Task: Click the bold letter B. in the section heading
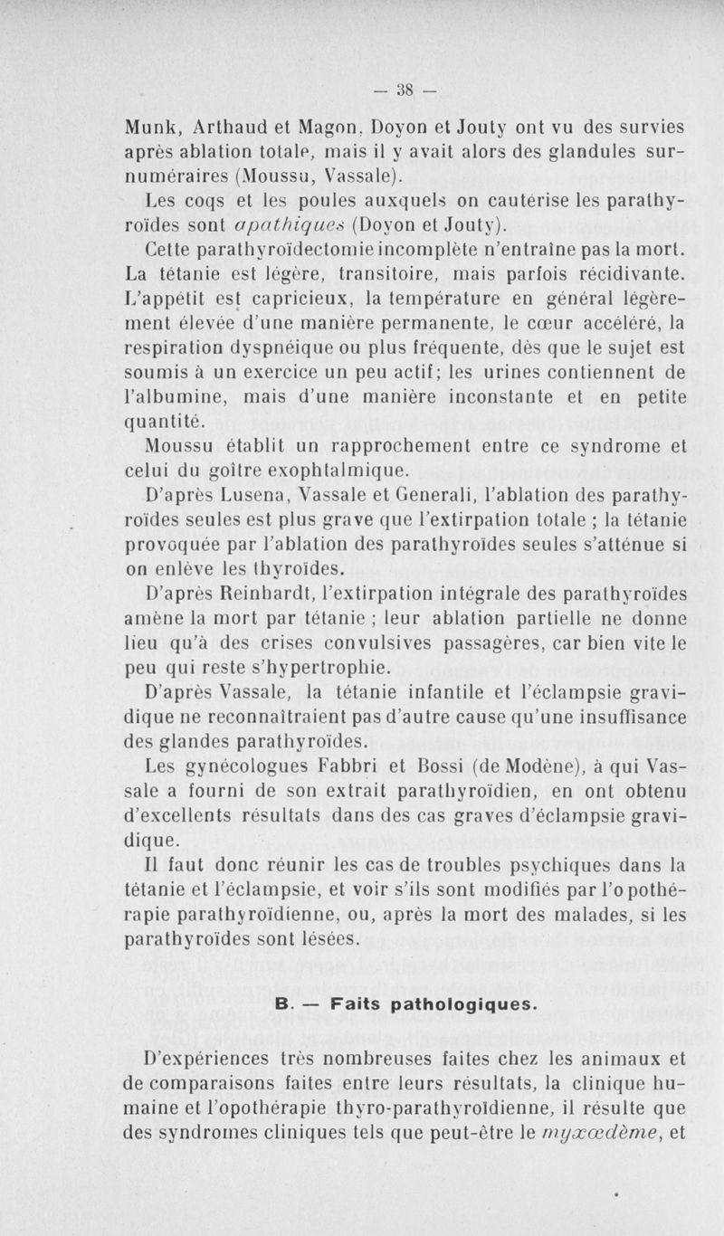pos(280,1003)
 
